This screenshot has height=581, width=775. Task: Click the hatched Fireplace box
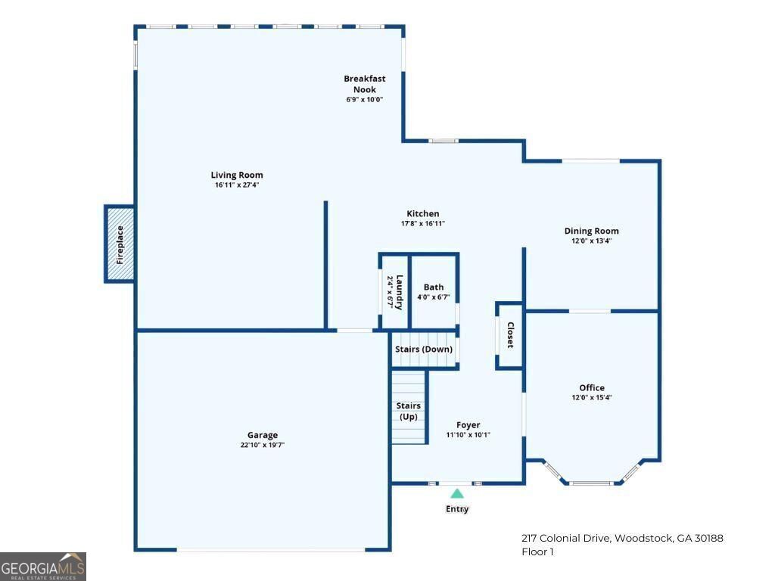120,244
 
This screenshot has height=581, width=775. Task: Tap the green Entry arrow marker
457,493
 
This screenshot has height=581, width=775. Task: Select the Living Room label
237,176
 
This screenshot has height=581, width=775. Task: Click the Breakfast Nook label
365,83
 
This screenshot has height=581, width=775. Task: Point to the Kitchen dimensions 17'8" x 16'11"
422,224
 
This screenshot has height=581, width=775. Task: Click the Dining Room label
591,231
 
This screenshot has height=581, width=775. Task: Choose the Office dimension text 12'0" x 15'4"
591,398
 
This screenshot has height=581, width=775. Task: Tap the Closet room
509,335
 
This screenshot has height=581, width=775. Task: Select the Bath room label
434,287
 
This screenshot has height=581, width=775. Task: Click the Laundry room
394,292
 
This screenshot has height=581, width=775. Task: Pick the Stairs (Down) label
424,349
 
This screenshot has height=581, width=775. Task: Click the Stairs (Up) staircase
409,409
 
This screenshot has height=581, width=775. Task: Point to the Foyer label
468,425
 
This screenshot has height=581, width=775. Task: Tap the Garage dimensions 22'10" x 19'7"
262,446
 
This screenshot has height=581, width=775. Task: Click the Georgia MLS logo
43,567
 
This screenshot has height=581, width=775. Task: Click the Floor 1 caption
537,552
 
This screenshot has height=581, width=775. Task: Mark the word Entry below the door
457,509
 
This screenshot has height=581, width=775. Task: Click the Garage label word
262,435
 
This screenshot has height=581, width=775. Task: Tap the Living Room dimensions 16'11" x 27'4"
237,185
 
